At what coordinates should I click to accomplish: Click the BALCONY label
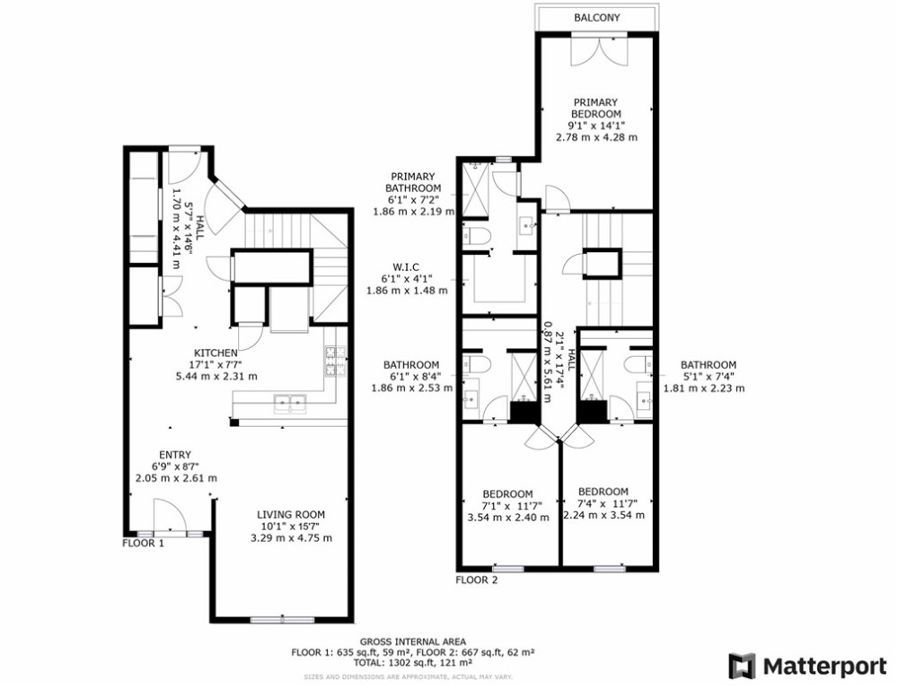coord(596,18)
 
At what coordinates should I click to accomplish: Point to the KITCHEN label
coord(216,353)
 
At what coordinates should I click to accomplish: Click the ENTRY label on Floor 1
coord(175,455)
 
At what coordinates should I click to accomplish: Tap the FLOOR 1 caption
coord(143,543)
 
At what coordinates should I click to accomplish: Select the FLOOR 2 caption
coord(476,580)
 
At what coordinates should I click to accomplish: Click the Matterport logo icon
coord(741,666)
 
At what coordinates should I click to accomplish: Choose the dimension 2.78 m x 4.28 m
coord(596,137)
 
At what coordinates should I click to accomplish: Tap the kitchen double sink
coord(287,403)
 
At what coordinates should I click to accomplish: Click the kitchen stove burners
coord(336,361)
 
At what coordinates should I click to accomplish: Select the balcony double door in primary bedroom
coord(596,49)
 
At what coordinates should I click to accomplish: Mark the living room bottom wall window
coord(283,619)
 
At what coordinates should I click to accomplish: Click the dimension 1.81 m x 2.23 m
coord(704,388)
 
